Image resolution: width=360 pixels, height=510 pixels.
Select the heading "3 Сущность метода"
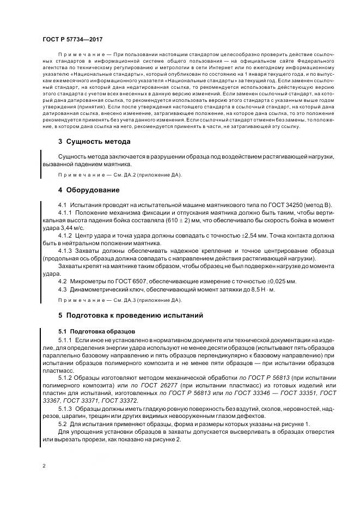94,142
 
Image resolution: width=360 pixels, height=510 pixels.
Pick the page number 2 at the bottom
44,466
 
